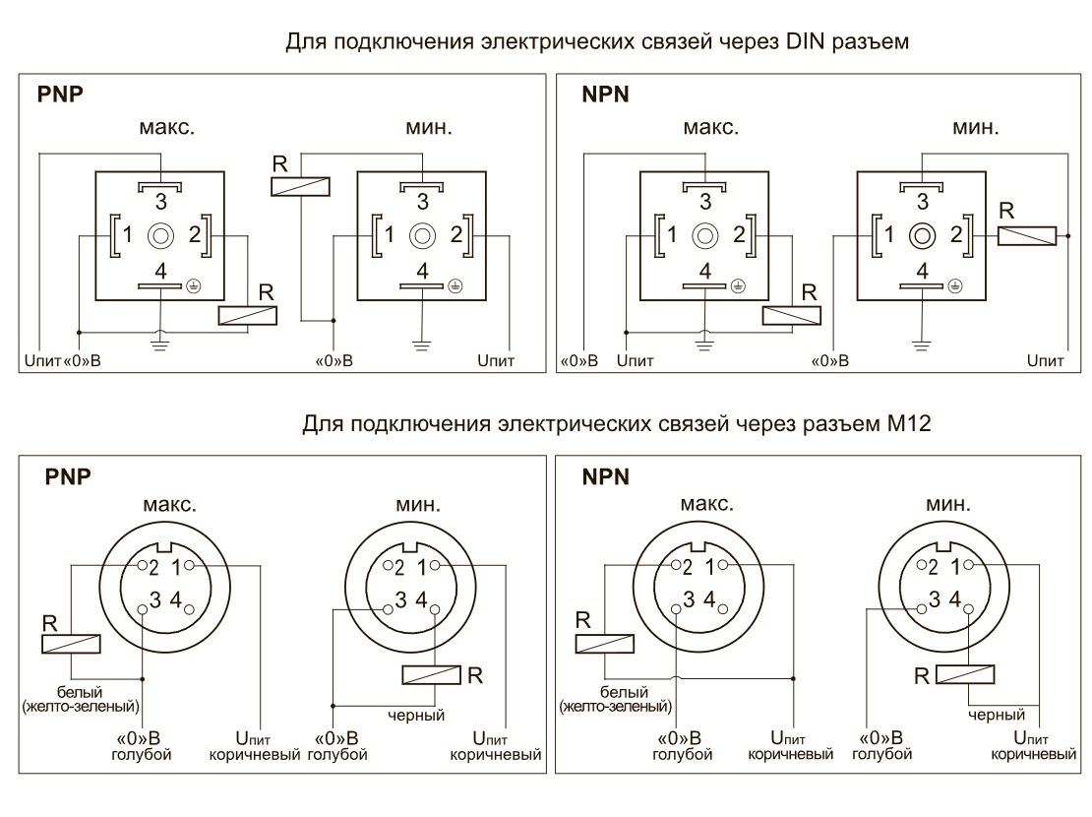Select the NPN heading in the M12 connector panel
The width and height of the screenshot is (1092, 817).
604,477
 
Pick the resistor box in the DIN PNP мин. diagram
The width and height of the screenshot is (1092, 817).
300,185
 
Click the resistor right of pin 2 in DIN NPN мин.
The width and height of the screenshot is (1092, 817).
1027,235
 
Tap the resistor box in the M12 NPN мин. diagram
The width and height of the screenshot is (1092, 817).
965,674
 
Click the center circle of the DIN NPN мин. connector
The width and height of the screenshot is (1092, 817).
922,235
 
